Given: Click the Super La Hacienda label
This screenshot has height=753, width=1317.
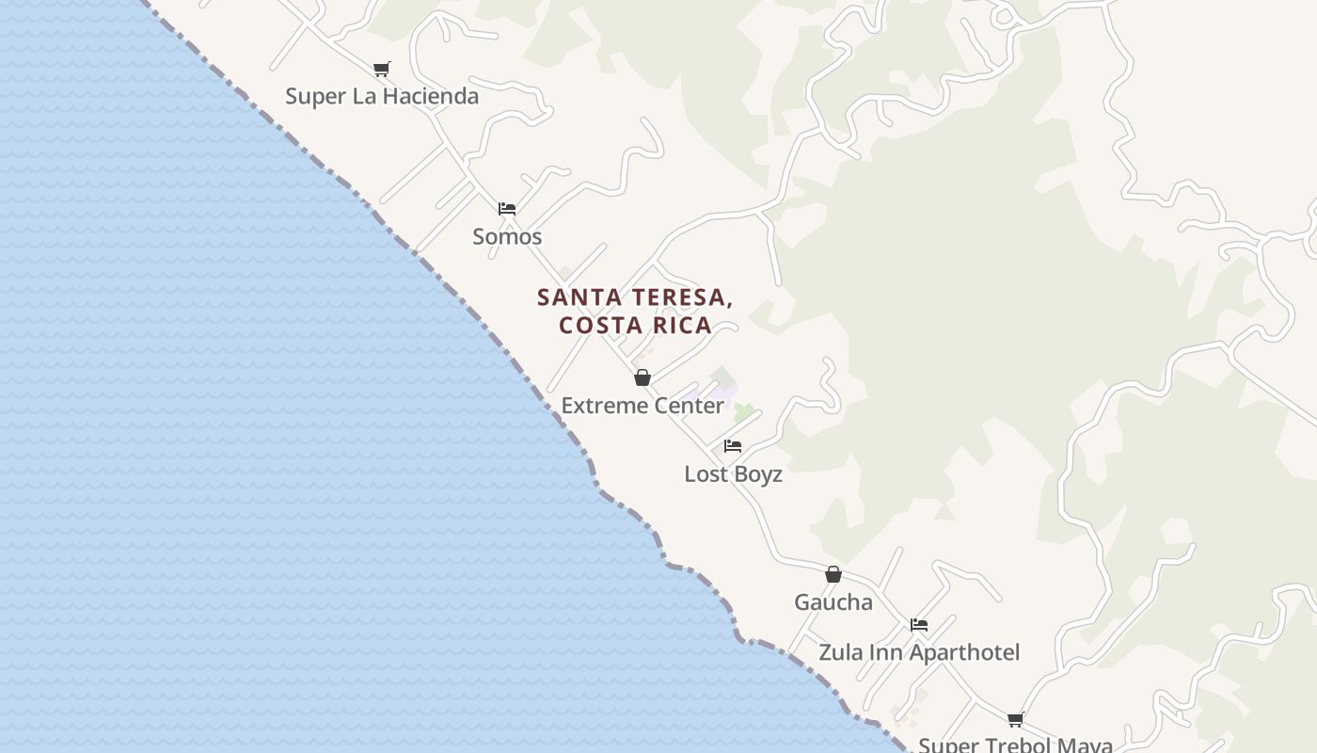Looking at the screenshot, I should tap(381, 96).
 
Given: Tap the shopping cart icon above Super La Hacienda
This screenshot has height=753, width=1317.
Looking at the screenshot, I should tap(381, 69).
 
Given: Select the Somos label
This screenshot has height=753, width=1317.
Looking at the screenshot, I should tap(507, 236).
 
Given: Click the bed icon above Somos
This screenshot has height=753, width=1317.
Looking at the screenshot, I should tap(507, 208).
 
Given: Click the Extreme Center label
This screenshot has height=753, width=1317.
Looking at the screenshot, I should tap(643, 406).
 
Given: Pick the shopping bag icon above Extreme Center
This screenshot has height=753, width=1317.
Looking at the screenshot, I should tap(643, 377).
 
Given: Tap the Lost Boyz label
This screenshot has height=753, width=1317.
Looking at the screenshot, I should tap(733, 474).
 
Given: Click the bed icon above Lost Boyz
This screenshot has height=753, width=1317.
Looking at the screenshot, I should tap(733, 446).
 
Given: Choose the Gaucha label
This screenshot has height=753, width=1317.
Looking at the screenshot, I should tap(833, 602).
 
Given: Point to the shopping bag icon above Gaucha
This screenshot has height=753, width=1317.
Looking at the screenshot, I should tap(833, 574).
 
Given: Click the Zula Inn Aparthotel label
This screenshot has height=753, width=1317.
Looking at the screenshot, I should tap(919, 652).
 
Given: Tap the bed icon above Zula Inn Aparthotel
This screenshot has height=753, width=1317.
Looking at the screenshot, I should tap(919, 624).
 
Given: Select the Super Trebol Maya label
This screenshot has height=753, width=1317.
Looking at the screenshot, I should tap(1015, 745).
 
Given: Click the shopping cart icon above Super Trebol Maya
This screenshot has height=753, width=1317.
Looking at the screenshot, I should tap(1015, 720).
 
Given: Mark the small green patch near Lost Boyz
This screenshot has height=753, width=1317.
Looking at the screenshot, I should tap(744, 411).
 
